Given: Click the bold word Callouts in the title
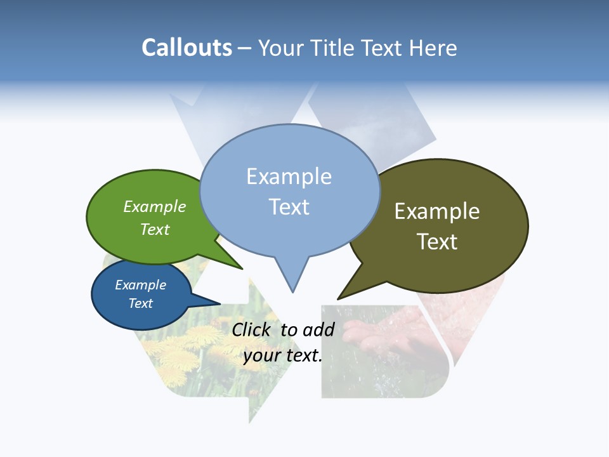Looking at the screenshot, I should click(187, 48).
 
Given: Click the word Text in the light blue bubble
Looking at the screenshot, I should click(289, 207).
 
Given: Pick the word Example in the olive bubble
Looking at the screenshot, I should click(437, 211).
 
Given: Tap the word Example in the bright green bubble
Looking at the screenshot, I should click(155, 206).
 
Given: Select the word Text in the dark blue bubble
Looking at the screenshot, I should click(141, 303).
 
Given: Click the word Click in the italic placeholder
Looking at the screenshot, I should click(251, 329).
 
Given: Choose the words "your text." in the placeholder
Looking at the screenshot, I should click(283, 355).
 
